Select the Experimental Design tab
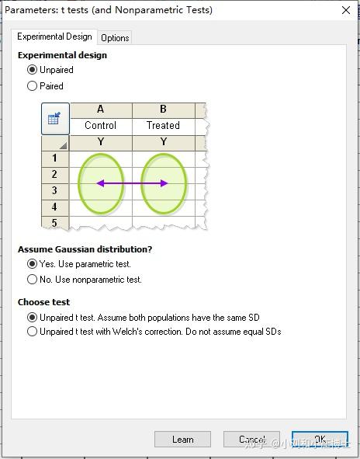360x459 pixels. tap(54, 37)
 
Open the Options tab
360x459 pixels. tap(115, 37)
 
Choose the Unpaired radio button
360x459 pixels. tap(33, 70)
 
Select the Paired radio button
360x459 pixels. tap(33, 86)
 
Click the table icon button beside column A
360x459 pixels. tap(54, 119)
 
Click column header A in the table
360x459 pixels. tap(100, 110)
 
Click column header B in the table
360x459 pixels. tap(163, 110)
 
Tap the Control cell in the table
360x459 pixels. tap(100, 126)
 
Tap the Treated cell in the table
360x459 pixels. tap(163, 126)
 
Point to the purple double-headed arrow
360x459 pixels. tap(132, 183)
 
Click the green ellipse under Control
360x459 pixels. tap(101, 184)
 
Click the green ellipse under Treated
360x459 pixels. tap(164, 184)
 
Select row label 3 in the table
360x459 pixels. tap(54, 190)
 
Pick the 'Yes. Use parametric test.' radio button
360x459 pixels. tap(33, 264)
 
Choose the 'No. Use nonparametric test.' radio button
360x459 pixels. tap(33, 280)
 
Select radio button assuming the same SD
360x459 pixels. tap(33, 318)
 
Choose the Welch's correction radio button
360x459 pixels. tap(33, 332)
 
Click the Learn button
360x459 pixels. tap(183, 440)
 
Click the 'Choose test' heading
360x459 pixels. tap(43, 302)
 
